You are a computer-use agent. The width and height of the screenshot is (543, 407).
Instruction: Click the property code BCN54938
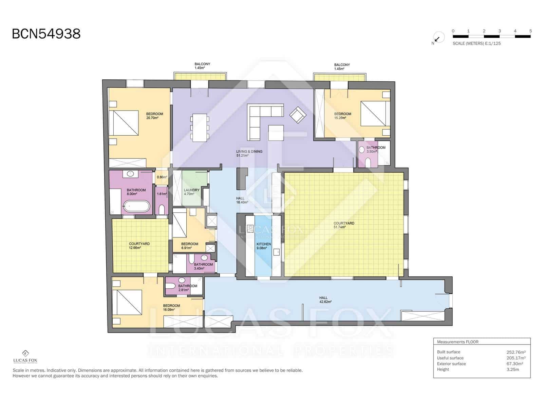(x=46, y=34)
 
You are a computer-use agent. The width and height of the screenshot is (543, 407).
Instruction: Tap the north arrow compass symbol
(x=438, y=38)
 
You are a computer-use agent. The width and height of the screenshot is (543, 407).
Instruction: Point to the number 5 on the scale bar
(x=530, y=31)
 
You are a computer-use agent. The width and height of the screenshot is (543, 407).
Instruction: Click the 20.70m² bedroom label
(x=154, y=116)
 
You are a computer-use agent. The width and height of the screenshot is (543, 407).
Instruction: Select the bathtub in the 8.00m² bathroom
(x=136, y=206)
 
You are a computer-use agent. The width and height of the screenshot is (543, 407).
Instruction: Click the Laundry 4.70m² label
(x=191, y=192)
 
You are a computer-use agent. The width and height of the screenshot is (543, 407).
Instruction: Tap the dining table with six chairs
(x=200, y=128)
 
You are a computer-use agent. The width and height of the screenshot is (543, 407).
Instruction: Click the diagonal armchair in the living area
(x=298, y=115)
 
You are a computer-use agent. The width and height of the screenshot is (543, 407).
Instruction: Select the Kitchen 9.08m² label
(x=263, y=246)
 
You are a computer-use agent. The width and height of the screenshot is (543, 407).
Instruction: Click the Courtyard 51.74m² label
(x=343, y=225)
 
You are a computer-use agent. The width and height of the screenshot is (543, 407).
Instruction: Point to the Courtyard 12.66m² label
(x=139, y=246)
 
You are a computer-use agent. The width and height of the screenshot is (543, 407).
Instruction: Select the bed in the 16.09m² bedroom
(x=127, y=302)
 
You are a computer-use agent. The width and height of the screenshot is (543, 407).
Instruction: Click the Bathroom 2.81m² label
(x=187, y=288)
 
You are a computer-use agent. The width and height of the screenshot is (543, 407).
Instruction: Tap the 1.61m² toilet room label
(x=162, y=194)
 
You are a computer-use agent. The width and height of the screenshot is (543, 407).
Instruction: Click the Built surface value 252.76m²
(x=516, y=352)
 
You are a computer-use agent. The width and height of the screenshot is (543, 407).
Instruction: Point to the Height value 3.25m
(x=512, y=369)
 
